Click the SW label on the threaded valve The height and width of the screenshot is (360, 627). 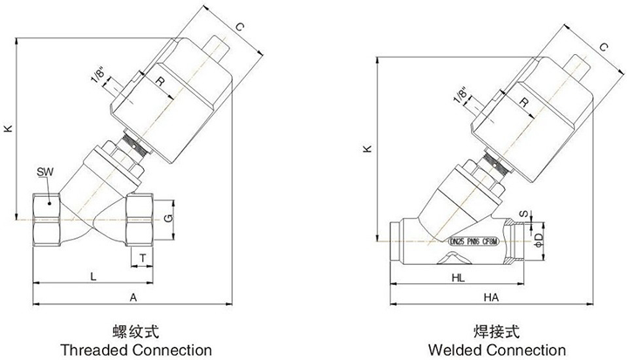point(44,172)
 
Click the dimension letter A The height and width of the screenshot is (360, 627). point(133,297)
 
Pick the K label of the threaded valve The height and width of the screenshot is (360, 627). point(8,128)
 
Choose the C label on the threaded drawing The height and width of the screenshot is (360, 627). point(240,27)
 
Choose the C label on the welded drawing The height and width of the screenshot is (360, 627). point(604,49)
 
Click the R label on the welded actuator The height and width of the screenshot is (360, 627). point(523,103)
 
